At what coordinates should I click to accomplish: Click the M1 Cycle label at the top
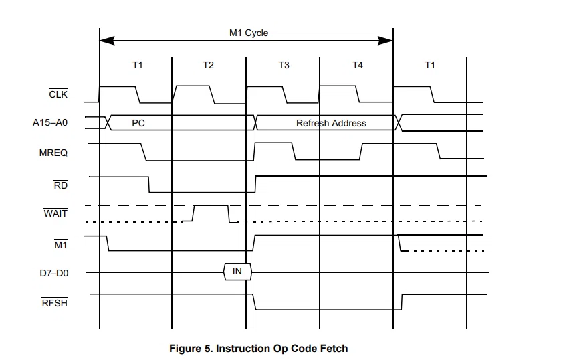249,33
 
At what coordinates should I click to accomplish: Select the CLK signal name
58,94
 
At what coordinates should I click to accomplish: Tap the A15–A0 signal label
50,122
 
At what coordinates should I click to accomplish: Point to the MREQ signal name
53,152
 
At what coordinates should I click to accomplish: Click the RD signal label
61,185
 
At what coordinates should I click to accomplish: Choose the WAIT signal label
55,213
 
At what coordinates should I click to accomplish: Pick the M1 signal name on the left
61,245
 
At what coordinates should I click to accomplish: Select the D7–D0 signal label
54,273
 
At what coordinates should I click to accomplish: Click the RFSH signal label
55,302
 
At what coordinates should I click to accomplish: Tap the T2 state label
208,65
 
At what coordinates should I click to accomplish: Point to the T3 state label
284,65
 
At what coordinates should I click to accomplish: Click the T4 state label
358,65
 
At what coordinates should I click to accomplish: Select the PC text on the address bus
138,123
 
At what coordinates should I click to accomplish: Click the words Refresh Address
331,123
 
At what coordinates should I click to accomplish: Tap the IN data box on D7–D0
237,272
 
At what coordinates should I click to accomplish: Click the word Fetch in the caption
334,349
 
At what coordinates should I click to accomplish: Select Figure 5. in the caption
191,349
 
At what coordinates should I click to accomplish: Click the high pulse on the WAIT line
211,205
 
